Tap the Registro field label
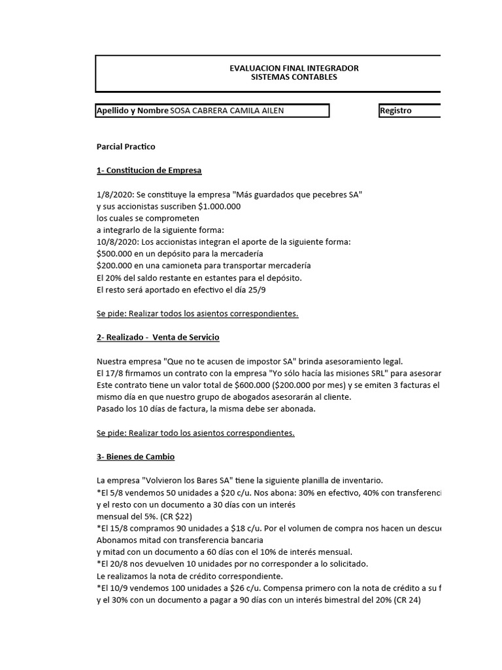pyautogui.click(x=396, y=111)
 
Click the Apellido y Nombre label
pyautogui.click(x=132, y=111)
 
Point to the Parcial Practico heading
pyautogui.click(x=125, y=147)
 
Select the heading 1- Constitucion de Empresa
pyautogui.click(x=149, y=170)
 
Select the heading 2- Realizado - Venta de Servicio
pyautogui.click(x=158, y=336)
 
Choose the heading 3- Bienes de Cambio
pyautogui.click(x=135, y=456)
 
